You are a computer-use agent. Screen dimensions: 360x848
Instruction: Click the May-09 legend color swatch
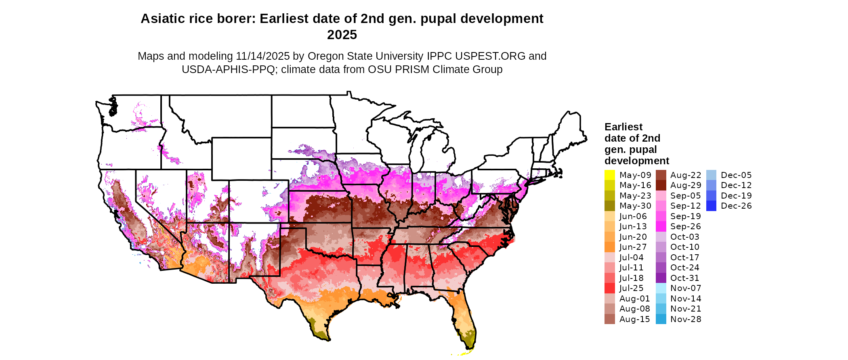click(x=609, y=175)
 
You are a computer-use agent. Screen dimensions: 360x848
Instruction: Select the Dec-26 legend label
click(x=736, y=206)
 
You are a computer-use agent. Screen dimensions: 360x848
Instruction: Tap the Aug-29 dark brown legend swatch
click(x=661, y=185)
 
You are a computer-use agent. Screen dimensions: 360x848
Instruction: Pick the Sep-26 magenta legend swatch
click(x=661, y=226)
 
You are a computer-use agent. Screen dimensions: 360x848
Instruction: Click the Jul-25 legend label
click(x=632, y=288)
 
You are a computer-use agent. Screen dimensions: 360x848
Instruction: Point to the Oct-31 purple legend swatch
click(x=661, y=278)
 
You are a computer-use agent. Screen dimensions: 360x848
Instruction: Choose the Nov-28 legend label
click(x=686, y=319)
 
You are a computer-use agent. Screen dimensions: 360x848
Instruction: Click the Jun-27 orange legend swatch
click(x=609, y=247)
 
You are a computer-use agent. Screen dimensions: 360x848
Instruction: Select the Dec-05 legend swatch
click(x=711, y=175)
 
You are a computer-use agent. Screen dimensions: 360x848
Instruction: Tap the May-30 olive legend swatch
click(x=609, y=206)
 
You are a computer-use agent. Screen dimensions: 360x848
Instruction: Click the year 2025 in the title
click(x=342, y=35)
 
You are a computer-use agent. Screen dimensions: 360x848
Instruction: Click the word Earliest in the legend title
click(x=623, y=127)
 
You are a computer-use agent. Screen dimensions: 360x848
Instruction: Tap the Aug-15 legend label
click(x=635, y=319)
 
